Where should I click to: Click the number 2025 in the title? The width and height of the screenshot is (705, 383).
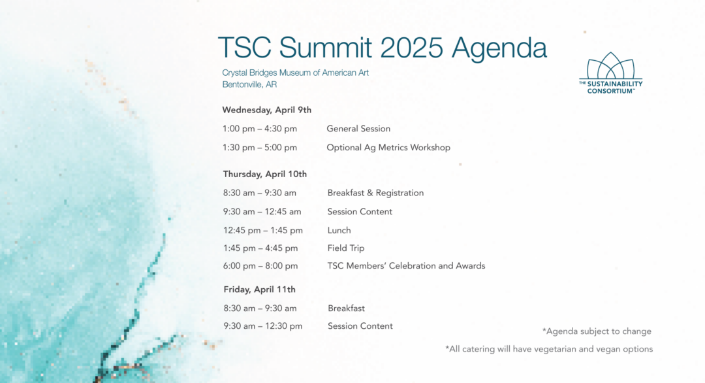pyautogui.click(x=411, y=47)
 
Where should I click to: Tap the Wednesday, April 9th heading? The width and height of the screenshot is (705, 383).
pyautogui.click(x=266, y=110)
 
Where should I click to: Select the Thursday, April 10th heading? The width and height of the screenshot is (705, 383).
pyautogui.click(x=265, y=174)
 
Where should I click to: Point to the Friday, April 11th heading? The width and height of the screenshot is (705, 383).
pyautogui.click(x=259, y=290)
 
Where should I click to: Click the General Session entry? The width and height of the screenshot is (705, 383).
pyautogui.click(x=358, y=129)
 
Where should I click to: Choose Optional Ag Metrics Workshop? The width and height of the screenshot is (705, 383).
pyautogui.click(x=388, y=148)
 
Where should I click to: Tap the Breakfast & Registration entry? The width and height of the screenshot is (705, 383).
pyautogui.click(x=375, y=193)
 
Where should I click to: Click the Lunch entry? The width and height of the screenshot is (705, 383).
pyautogui.click(x=339, y=231)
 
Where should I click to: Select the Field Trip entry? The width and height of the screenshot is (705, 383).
pyautogui.click(x=346, y=248)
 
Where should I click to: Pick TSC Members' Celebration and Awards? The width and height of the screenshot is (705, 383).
pyautogui.click(x=407, y=266)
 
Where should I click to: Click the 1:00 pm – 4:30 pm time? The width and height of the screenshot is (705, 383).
pyautogui.click(x=259, y=129)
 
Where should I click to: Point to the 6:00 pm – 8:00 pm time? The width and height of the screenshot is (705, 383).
pyautogui.click(x=260, y=266)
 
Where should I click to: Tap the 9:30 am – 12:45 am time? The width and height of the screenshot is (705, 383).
pyautogui.click(x=262, y=212)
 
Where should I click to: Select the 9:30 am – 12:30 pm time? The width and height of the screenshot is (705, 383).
pyautogui.click(x=263, y=326)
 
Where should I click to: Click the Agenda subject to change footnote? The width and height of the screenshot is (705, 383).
pyautogui.click(x=597, y=331)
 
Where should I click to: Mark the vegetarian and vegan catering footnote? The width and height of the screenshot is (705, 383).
pyautogui.click(x=549, y=349)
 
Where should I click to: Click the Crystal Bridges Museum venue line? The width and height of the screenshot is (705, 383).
pyautogui.click(x=296, y=73)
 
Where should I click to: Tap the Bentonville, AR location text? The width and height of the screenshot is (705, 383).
pyautogui.click(x=249, y=84)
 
